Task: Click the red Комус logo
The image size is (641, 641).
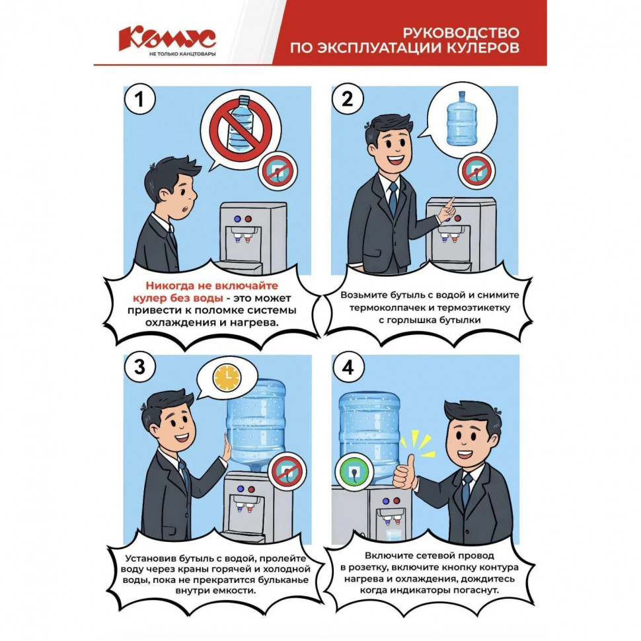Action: (167, 38)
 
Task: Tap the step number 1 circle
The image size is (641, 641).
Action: (139, 100)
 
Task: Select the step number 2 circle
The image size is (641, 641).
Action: (348, 100)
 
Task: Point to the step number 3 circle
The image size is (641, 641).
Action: (139, 368)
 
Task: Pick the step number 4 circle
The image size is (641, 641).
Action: (348, 368)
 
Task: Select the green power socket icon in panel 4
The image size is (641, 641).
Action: (354, 471)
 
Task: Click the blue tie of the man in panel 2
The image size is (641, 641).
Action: (393, 198)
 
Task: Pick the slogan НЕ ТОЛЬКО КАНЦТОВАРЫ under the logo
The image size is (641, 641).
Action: (182, 54)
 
